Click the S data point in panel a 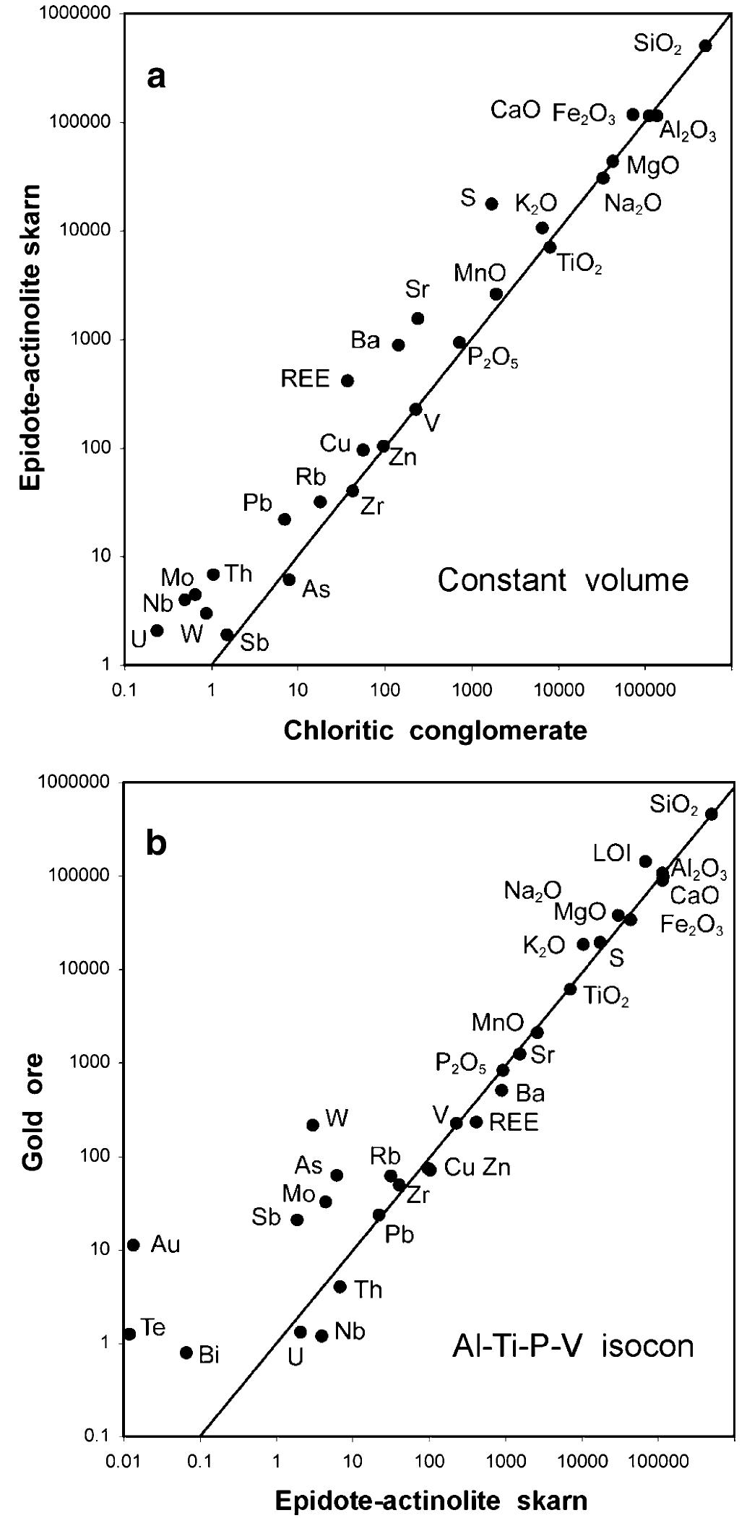coord(491,204)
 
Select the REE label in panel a coord(306,378)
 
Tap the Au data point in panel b coord(133,1245)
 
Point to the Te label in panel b coord(153,1327)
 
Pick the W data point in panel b coord(313,1125)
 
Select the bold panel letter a coord(156,76)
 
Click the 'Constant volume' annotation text coord(563,580)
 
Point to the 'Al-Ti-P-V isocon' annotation coord(569,1347)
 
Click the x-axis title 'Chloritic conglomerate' coord(435,730)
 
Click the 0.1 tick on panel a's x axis coord(124,689)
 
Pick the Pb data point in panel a coord(285,519)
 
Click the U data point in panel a coord(157,631)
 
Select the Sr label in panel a coord(417,290)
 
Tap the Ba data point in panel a coord(398,345)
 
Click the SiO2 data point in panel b coord(711,814)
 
